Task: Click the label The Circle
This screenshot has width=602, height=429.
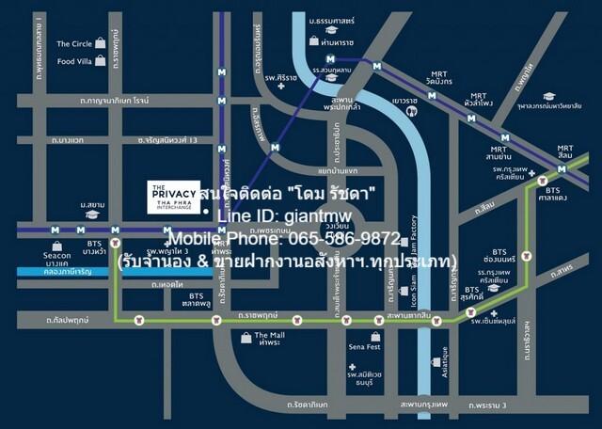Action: coord(74,43)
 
